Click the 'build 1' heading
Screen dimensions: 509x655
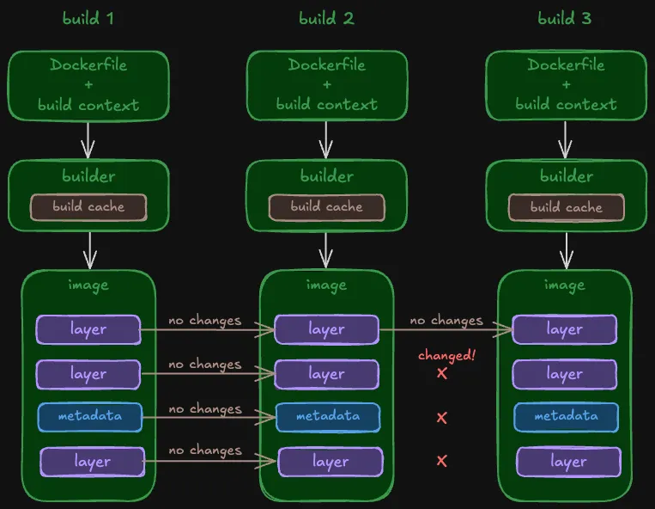(x=88, y=18)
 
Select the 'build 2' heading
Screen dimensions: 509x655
(x=326, y=18)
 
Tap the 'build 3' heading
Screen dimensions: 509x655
(x=565, y=18)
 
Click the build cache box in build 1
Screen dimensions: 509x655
(x=88, y=207)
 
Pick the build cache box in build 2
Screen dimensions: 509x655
(x=326, y=207)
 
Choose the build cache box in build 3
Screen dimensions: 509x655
(x=566, y=207)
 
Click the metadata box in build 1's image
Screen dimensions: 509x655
(x=89, y=417)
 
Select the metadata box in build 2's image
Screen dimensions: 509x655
(x=327, y=417)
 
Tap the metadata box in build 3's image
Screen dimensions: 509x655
(x=566, y=417)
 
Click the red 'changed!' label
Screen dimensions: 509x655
(x=446, y=356)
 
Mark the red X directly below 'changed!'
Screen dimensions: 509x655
(x=442, y=374)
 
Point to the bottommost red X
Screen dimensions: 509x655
(x=442, y=461)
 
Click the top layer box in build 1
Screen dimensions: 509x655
(x=88, y=329)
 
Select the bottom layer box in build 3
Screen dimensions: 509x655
(x=568, y=462)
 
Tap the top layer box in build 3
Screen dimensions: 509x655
(x=565, y=329)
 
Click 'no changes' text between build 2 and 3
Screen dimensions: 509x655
(x=446, y=320)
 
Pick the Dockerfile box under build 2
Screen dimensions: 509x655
(x=326, y=85)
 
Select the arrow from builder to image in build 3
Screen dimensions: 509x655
(x=566, y=249)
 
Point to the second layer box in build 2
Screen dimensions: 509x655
(x=326, y=374)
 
